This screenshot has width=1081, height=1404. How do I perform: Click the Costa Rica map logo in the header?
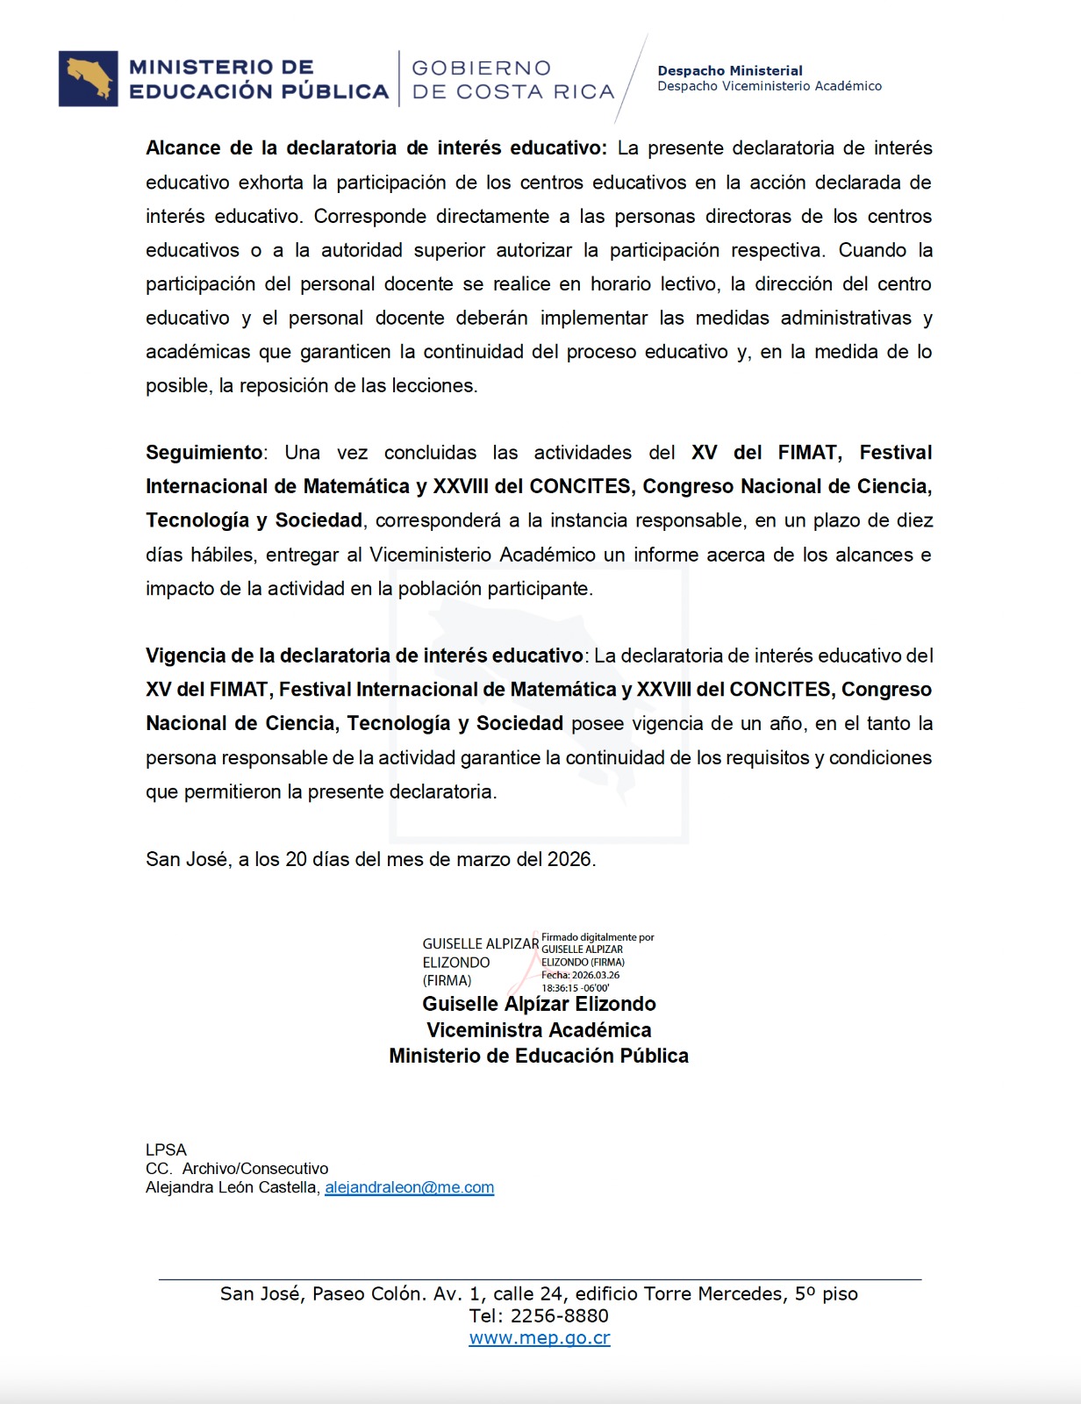[88, 79]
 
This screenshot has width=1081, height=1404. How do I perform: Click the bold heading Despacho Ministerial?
[730, 71]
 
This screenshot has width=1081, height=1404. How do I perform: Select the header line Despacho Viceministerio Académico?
[770, 86]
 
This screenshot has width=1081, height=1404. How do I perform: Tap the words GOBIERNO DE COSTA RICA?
[512, 80]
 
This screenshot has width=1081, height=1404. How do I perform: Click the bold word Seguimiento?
[204, 453]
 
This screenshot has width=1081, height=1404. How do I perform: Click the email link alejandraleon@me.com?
[409, 1187]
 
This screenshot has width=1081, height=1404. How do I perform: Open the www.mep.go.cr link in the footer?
[540, 1338]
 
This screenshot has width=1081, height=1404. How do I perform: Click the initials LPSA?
[167, 1150]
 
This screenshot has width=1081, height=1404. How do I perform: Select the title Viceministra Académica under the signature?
[539, 1030]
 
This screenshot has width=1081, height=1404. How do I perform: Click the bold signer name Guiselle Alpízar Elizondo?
[539, 1004]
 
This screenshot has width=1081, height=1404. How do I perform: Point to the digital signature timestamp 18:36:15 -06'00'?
[576, 988]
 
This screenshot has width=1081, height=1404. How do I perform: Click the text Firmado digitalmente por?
[598, 937]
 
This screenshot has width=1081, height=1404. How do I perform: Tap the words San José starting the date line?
[187, 859]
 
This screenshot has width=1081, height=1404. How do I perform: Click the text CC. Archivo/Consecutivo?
[237, 1169]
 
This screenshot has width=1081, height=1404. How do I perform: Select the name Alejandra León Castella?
[232, 1187]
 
